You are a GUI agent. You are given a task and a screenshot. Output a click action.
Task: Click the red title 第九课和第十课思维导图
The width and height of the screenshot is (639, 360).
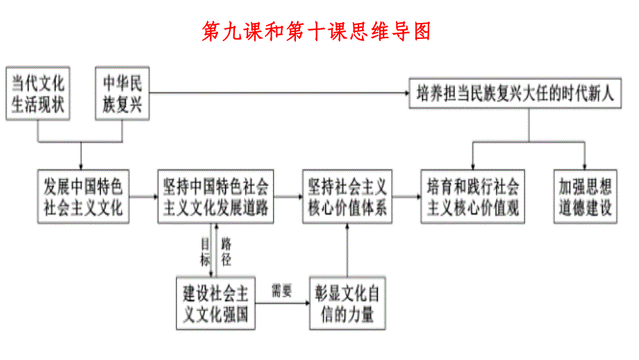tap(316, 31)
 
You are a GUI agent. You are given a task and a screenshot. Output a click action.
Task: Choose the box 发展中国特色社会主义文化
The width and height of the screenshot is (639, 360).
tap(83, 197)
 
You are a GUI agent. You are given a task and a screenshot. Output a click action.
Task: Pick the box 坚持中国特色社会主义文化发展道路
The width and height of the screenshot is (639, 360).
tap(215, 197)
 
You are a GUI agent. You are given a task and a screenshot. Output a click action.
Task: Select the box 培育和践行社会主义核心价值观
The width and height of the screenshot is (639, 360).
tap(473, 197)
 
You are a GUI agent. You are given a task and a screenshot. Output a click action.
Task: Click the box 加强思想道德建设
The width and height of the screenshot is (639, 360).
tap(585, 197)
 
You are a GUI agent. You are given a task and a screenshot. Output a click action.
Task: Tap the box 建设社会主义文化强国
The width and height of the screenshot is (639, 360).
tap(216, 304)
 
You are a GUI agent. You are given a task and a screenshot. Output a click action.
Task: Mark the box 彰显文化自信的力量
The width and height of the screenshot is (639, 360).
tap(346, 304)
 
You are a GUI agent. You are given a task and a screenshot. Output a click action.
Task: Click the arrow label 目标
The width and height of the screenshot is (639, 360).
tap(206, 252)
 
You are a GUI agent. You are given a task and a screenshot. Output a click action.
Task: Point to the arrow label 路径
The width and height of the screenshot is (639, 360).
tap(226, 252)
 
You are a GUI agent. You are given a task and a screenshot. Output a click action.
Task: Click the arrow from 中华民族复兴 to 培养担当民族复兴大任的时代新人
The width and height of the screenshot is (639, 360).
tap(278, 92)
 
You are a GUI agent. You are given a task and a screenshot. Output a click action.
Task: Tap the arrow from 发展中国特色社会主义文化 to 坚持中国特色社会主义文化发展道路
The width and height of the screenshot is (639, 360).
tap(142, 197)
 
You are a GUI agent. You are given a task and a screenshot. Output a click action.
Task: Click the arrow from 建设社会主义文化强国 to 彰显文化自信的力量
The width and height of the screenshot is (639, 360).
tap(281, 302)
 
